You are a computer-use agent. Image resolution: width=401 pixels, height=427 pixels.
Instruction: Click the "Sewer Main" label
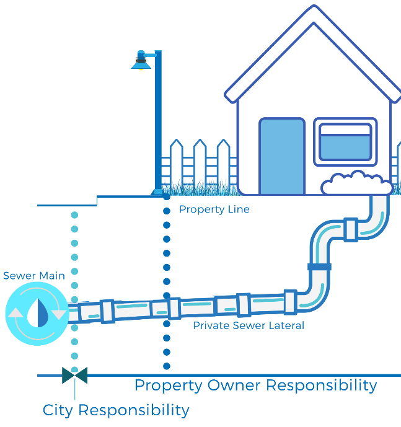tap(34, 275)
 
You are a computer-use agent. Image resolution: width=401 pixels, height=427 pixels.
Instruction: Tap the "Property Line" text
tap(214, 209)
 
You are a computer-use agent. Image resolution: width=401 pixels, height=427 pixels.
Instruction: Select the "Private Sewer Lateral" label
tap(249, 325)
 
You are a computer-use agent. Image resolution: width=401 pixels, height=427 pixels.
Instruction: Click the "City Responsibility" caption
tap(116, 410)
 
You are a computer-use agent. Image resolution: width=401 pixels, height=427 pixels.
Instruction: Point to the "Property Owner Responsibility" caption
tap(255, 385)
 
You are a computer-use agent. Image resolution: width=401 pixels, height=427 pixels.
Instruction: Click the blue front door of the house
tap(282, 156)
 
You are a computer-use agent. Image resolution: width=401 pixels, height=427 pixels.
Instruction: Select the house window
tap(345, 142)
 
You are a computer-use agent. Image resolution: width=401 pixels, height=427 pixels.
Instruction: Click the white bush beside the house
tap(356, 184)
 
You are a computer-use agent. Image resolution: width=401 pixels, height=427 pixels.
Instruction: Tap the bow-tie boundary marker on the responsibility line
tap(74, 375)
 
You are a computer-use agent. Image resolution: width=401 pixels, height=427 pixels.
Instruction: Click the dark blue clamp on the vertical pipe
tap(319, 267)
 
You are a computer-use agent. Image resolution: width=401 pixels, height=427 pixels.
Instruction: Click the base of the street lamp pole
tap(158, 191)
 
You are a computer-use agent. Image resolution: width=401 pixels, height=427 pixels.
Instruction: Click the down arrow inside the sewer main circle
tap(59, 314)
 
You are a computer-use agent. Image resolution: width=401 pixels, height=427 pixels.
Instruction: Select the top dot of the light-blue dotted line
tap(74, 216)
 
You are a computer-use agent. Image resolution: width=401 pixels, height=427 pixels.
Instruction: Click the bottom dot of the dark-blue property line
tap(166, 366)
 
